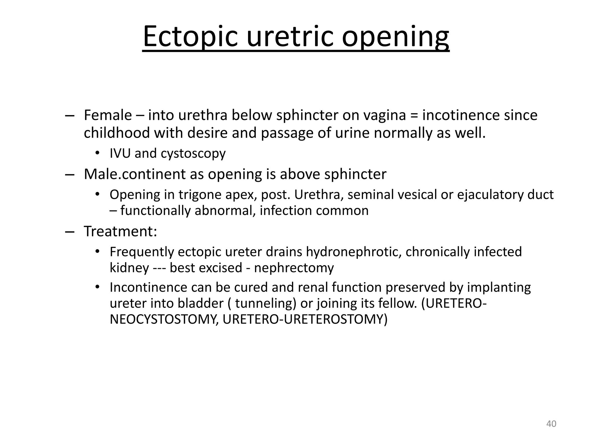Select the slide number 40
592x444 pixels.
[x=551, y=424]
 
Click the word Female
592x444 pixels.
[x=108, y=115]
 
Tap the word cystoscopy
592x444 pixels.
[x=193, y=154]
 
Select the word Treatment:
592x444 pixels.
[x=121, y=231]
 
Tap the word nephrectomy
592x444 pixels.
[x=294, y=268]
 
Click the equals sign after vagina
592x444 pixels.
[x=414, y=116]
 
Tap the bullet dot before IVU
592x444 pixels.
[x=98, y=153]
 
